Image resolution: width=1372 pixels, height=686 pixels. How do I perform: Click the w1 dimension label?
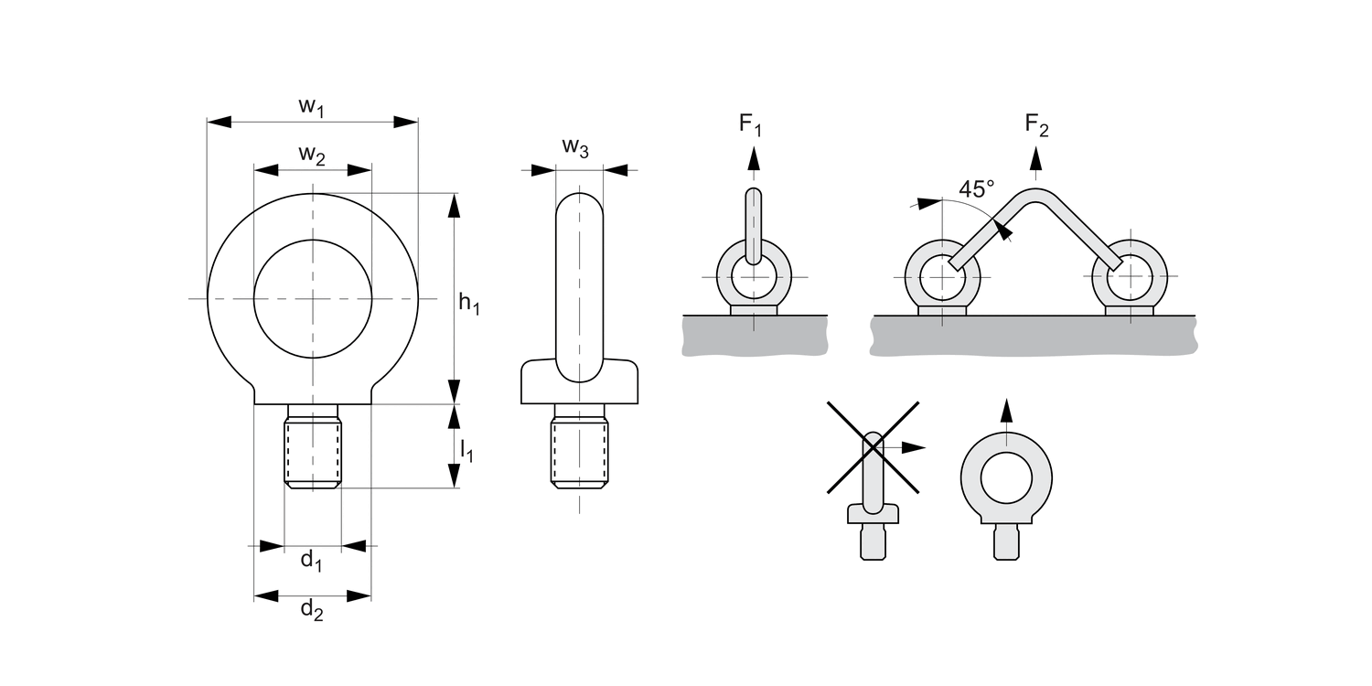(x=312, y=107)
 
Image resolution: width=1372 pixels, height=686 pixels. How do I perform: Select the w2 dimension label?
(x=312, y=156)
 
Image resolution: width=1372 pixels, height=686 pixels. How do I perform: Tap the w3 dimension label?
(x=575, y=147)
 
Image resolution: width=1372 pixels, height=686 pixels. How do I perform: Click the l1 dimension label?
(x=466, y=450)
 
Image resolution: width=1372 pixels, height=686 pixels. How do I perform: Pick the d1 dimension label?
(x=312, y=560)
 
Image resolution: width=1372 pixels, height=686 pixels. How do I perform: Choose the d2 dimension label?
(x=312, y=610)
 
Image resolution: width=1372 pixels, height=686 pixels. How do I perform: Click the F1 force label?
(x=750, y=124)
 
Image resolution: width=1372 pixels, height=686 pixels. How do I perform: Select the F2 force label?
(x=1036, y=124)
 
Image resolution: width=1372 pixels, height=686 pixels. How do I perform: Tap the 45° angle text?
(x=976, y=189)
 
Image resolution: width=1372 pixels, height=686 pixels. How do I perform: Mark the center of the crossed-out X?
(x=874, y=446)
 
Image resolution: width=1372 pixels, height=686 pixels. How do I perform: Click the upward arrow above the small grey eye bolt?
(x=1006, y=412)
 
